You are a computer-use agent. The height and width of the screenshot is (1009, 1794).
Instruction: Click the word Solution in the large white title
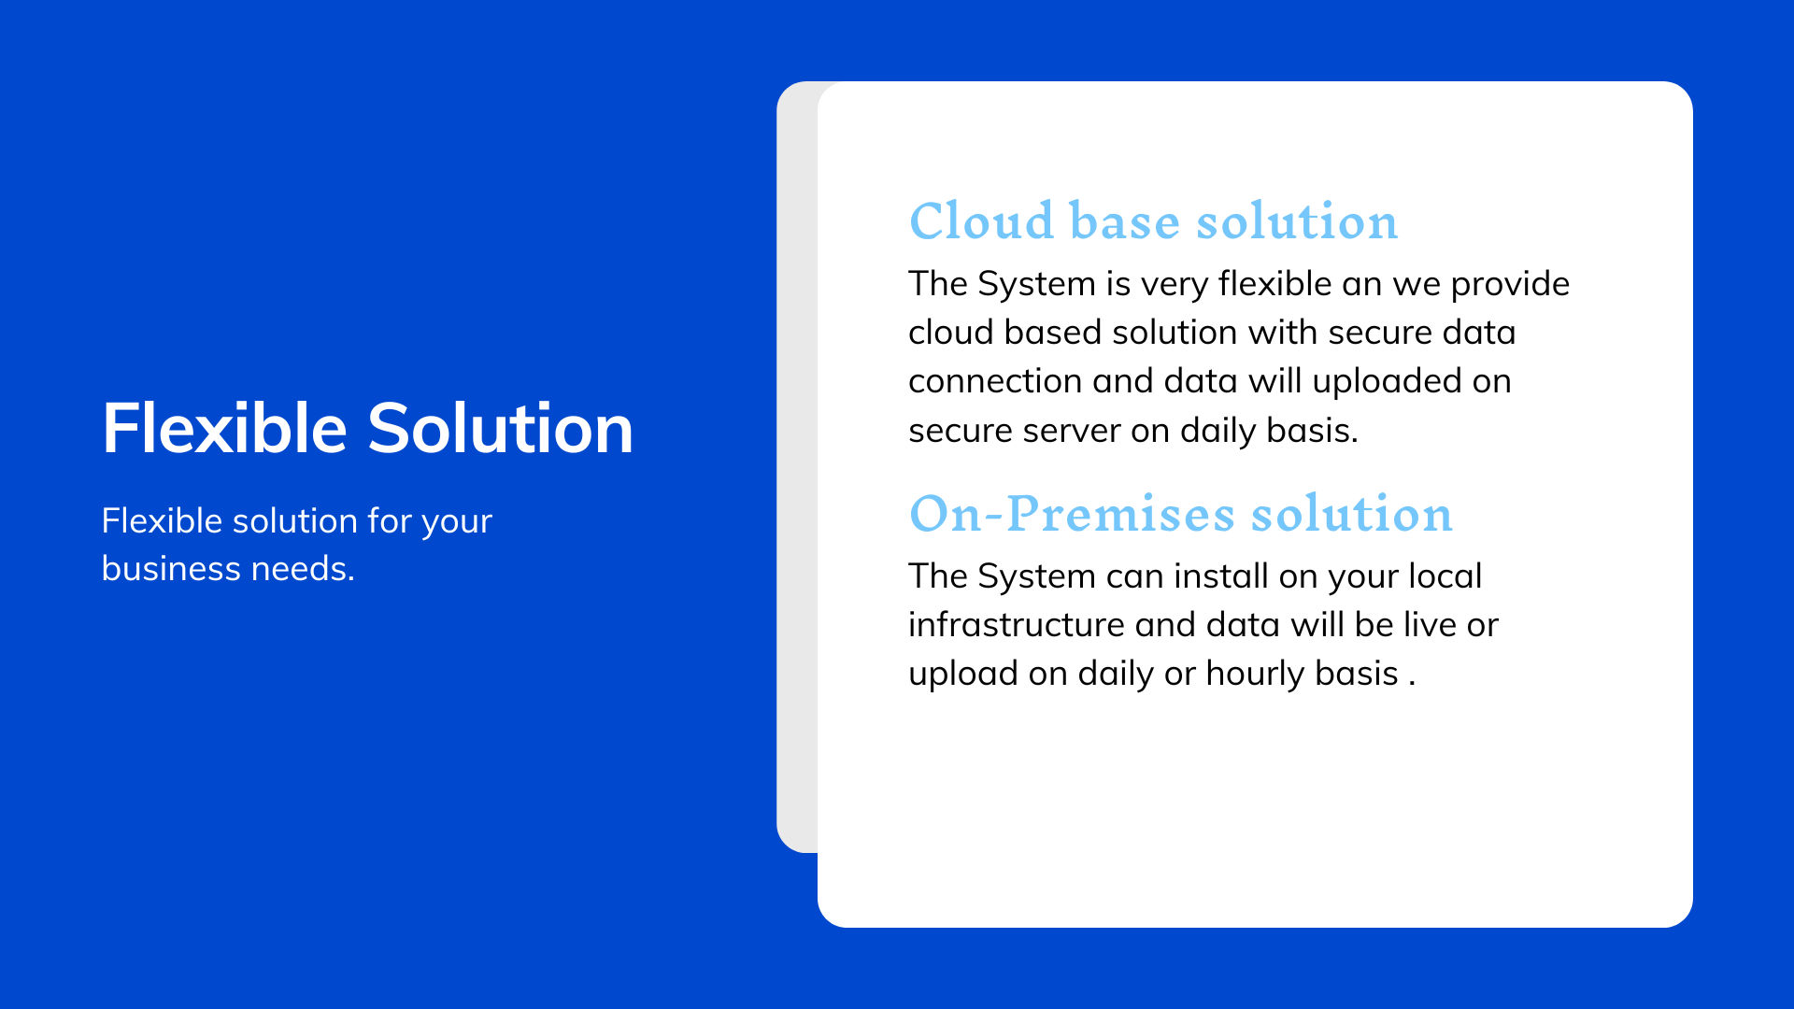coord(500,429)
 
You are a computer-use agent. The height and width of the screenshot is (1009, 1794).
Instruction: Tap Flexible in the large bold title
coord(224,429)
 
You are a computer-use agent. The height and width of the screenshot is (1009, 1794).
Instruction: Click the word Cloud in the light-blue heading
coord(981,221)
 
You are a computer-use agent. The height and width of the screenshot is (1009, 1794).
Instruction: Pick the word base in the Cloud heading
coord(1124,221)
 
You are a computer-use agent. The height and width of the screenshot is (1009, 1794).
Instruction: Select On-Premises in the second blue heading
coord(1072,514)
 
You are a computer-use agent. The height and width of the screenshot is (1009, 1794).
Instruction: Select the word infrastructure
coord(1017,625)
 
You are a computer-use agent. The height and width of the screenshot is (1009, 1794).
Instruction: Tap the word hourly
coord(1255,674)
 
